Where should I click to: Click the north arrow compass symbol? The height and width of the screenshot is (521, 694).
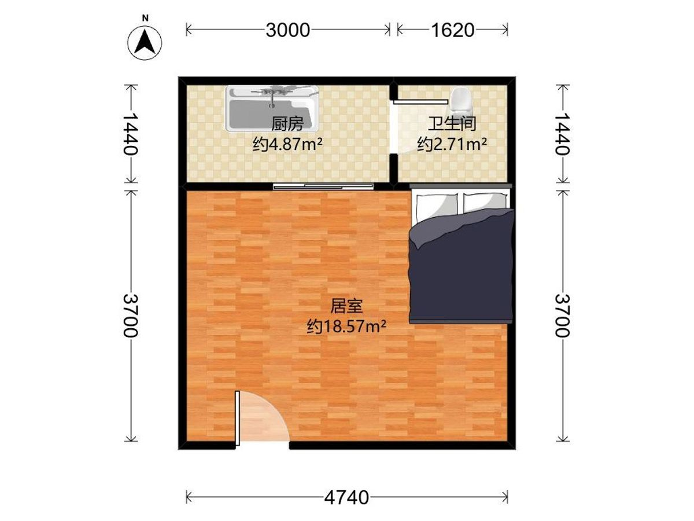(145, 43)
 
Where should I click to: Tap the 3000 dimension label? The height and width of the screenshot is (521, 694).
(287, 30)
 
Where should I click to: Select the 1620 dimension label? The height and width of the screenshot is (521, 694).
(452, 30)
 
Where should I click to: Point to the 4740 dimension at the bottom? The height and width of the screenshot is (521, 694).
(346, 498)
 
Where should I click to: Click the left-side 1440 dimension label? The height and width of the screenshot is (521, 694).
(131, 134)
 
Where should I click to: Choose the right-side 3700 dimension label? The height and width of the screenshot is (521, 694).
(563, 315)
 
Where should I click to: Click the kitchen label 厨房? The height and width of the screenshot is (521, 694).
(287, 124)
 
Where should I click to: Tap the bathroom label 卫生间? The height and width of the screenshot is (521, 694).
(452, 124)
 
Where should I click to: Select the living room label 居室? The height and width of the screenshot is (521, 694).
(346, 306)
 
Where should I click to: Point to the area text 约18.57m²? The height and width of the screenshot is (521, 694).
(346, 326)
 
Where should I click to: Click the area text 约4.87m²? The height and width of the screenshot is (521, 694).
(287, 144)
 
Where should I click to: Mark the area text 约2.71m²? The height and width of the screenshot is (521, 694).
(452, 144)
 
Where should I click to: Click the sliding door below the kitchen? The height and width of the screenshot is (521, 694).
(323, 186)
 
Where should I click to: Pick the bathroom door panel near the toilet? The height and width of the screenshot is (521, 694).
(420, 102)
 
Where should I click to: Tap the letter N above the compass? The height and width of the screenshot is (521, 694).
(145, 19)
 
